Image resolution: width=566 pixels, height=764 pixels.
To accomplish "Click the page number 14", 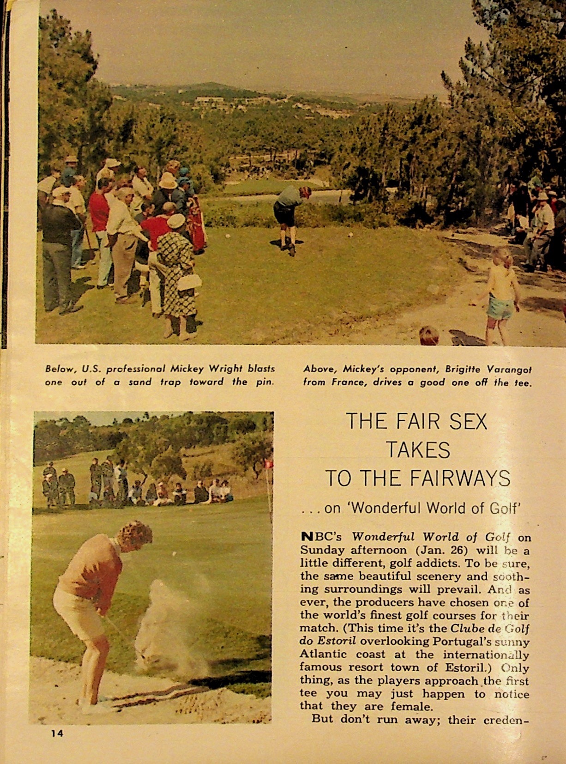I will point(57,734).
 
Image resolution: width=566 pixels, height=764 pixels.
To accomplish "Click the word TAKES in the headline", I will point(418,450).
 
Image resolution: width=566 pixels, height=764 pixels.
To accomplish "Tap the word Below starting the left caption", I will point(60,369).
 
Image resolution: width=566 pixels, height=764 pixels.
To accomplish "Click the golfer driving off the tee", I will point(290,217).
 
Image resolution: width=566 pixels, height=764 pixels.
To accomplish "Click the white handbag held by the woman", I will point(190,282).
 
